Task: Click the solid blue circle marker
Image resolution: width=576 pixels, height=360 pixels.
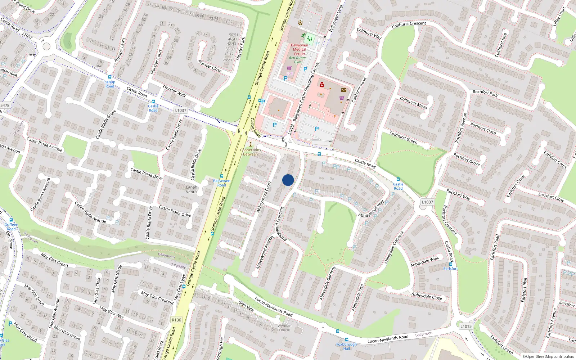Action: pyautogui.click(x=288, y=180)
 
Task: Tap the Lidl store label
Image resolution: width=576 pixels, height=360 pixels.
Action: pyautogui.click(x=289, y=74)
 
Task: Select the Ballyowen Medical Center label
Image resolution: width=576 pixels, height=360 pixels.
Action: pyautogui.click(x=300, y=49)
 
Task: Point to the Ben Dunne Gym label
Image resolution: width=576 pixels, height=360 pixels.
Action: pyautogui.click(x=298, y=60)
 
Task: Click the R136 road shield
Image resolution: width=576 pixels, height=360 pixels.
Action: pyautogui.click(x=176, y=320)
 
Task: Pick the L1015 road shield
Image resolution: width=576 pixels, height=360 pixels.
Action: pyautogui.click(x=466, y=326)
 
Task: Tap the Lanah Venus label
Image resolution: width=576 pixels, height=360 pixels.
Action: pyautogui.click(x=192, y=189)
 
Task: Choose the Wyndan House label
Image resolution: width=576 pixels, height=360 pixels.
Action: pyautogui.click(x=284, y=328)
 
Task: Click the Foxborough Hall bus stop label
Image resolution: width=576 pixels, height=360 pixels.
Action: pyautogui.click(x=346, y=346)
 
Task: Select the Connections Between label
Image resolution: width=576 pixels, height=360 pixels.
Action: pyautogui.click(x=251, y=152)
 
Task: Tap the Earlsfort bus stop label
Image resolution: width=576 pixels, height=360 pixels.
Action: pyautogui.click(x=450, y=269)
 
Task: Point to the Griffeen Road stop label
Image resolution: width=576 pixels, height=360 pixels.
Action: pyautogui.click(x=11, y=226)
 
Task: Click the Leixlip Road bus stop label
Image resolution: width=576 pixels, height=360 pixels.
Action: pyautogui.click(x=110, y=84)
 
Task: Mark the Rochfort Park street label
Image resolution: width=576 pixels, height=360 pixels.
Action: pyautogui.click(x=485, y=94)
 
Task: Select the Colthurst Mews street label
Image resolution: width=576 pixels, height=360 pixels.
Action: pyautogui.click(x=413, y=103)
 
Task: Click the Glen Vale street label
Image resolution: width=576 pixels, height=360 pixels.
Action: pyautogui.click(x=246, y=306)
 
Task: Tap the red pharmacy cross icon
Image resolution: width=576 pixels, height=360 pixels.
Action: pyautogui.click(x=322, y=85)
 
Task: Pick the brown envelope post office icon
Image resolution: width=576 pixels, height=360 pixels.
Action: pyautogui.click(x=344, y=90)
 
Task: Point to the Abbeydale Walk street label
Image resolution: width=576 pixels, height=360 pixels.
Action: pyautogui.click(x=425, y=261)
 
